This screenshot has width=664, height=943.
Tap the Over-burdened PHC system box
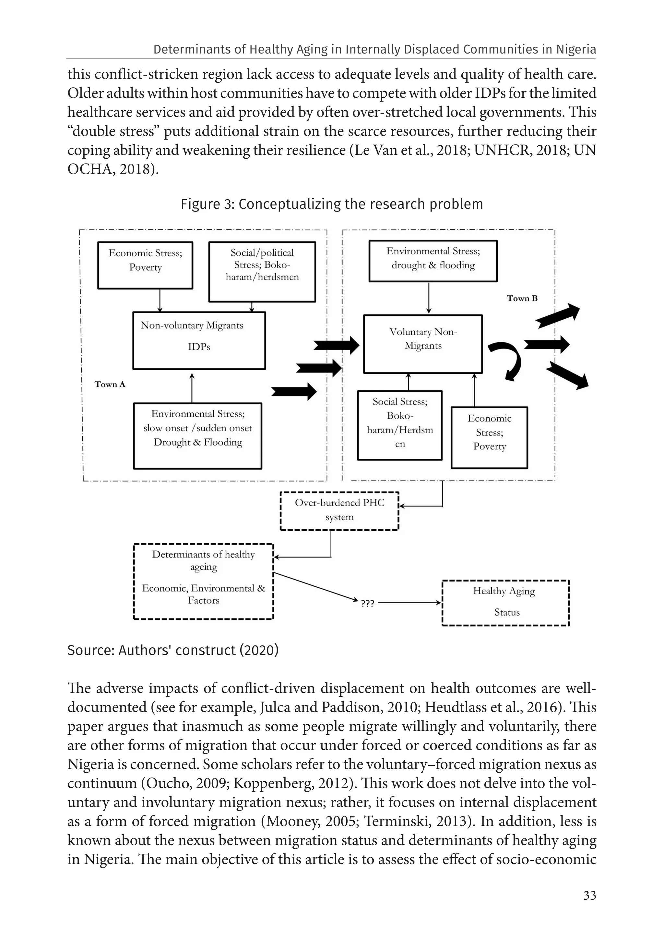click(x=339, y=510)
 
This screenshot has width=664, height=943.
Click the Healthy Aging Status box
click(x=505, y=603)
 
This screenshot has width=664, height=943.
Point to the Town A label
click(x=110, y=385)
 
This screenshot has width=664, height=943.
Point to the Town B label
click(x=522, y=299)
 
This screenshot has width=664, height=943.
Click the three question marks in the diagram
click(x=367, y=603)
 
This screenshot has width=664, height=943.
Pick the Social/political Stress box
click(x=262, y=272)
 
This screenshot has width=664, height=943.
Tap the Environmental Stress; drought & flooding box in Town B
click(x=433, y=261)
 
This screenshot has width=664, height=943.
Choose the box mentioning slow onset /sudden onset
click(x=198, y=435)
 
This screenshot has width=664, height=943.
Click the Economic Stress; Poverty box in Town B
click(x=489, y=437)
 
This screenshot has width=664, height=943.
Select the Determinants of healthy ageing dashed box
click(x=204, y=581)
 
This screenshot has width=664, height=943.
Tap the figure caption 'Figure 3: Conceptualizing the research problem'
click(x=332, y=204)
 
